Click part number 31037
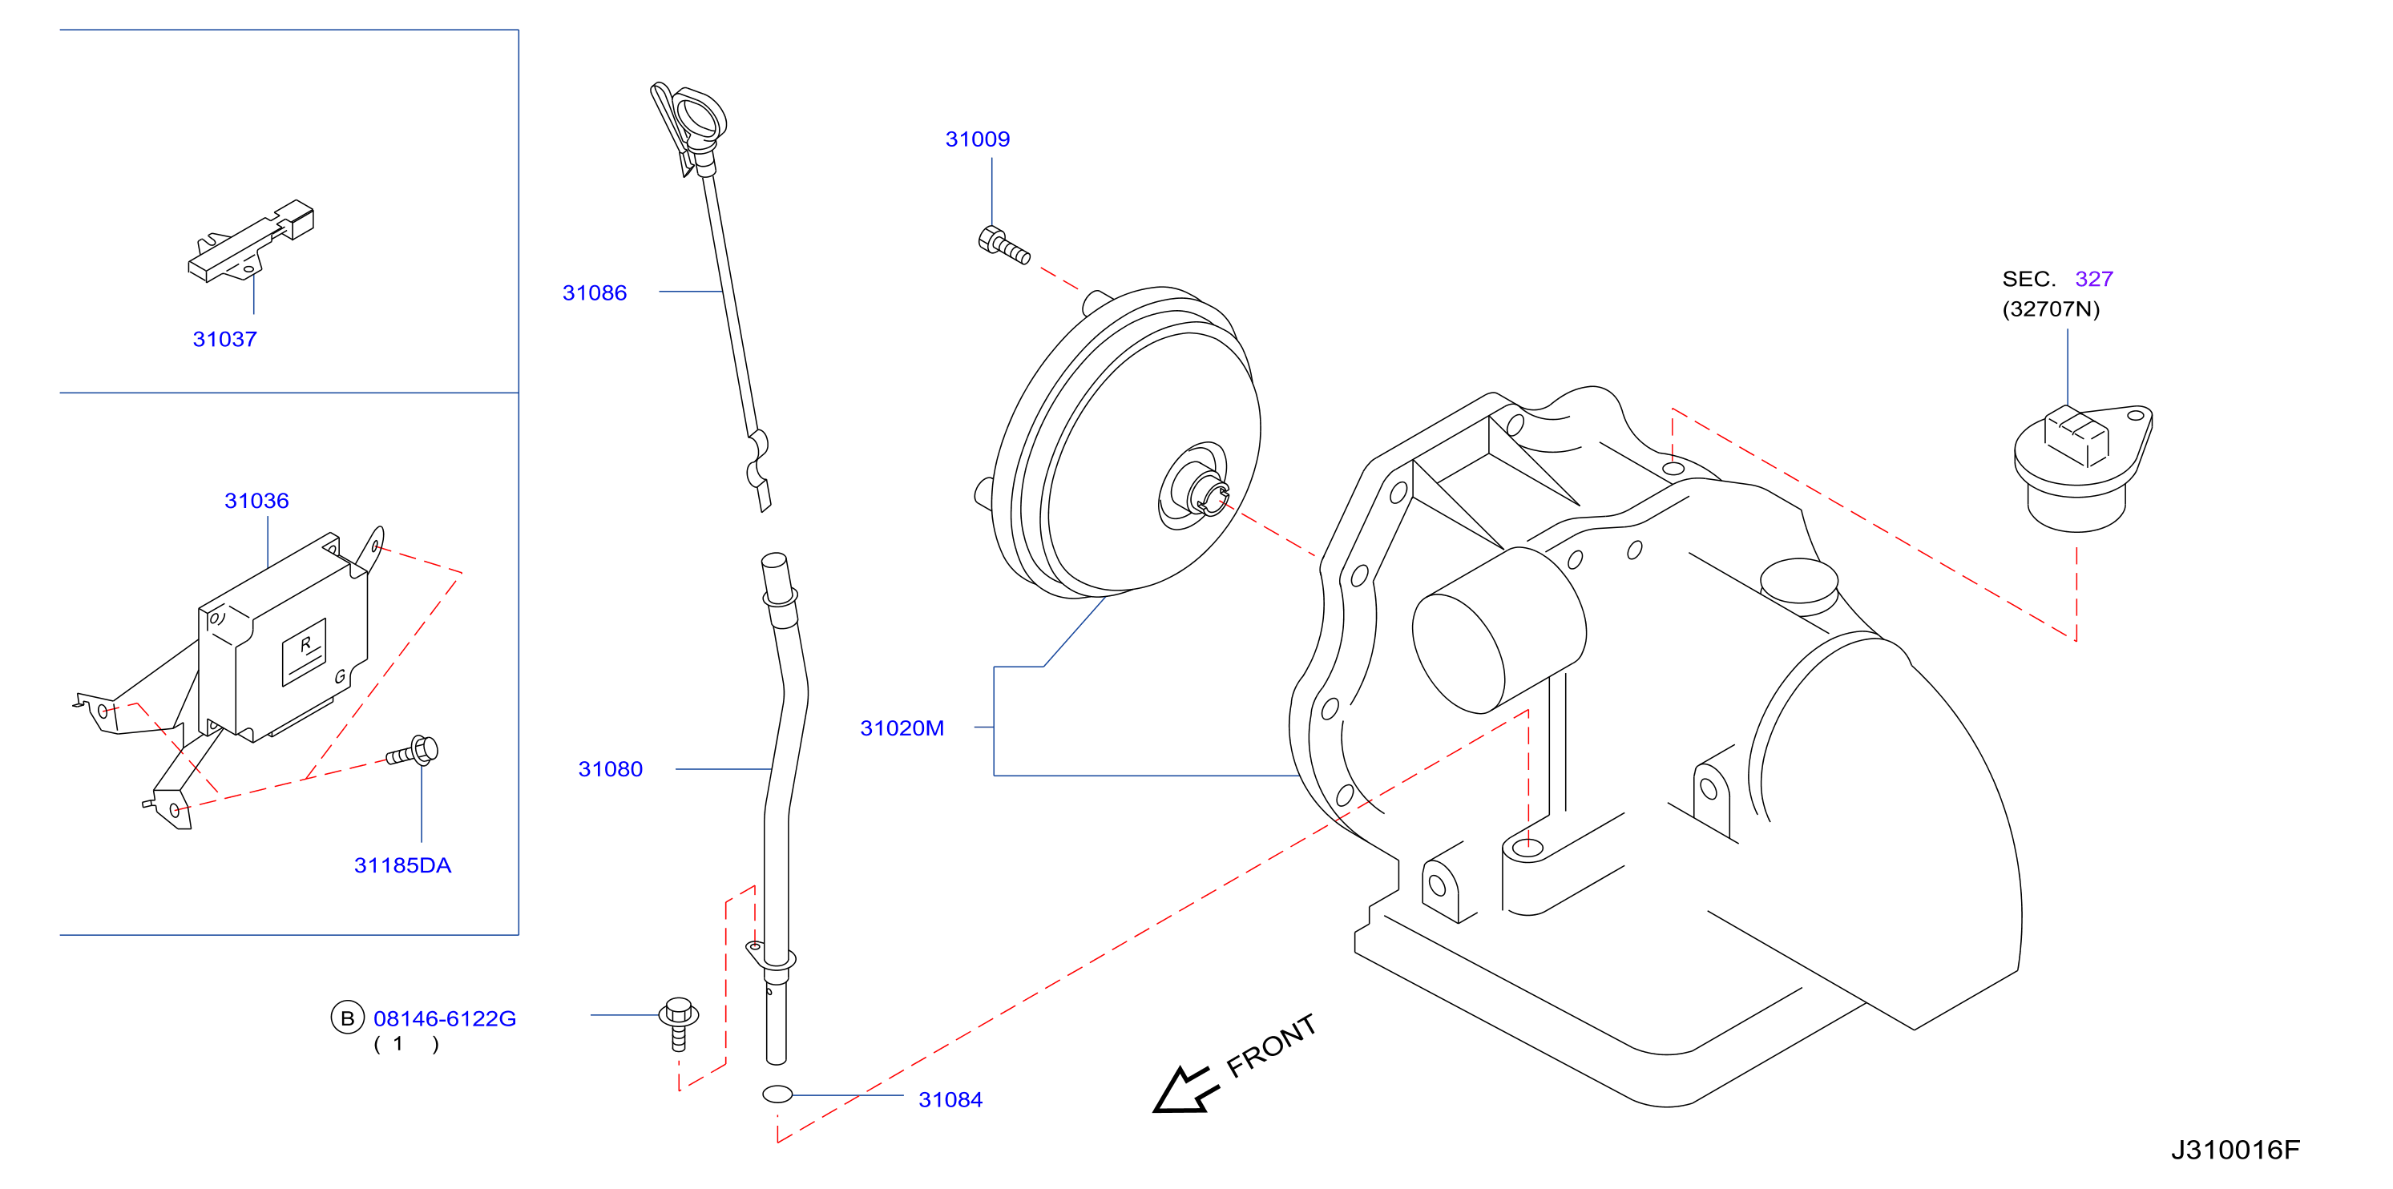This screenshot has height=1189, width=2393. point(225,339)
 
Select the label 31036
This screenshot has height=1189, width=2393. point(256,501)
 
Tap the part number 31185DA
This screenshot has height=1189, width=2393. point(402,866)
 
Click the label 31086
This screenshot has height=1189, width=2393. point(595,292)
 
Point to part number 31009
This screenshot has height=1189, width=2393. point(977,139)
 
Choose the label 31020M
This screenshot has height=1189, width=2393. point(902,728)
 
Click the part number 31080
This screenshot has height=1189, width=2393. point(611,769)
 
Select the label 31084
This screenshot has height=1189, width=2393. point(950,1100)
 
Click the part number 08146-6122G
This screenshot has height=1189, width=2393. point(444,1019)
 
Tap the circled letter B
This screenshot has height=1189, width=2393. point(348,1018)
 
